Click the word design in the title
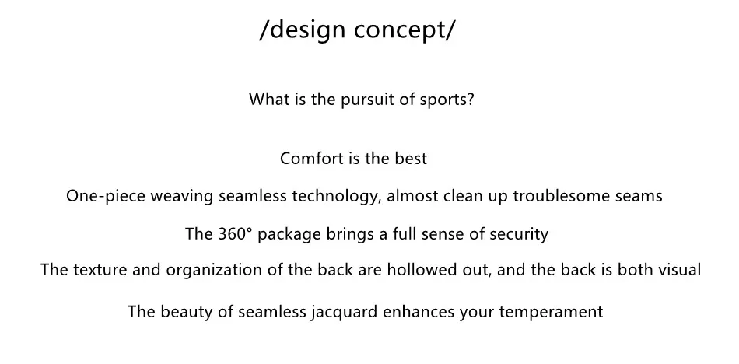[x=308, y=30]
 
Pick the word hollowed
[x=422, y=270]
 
